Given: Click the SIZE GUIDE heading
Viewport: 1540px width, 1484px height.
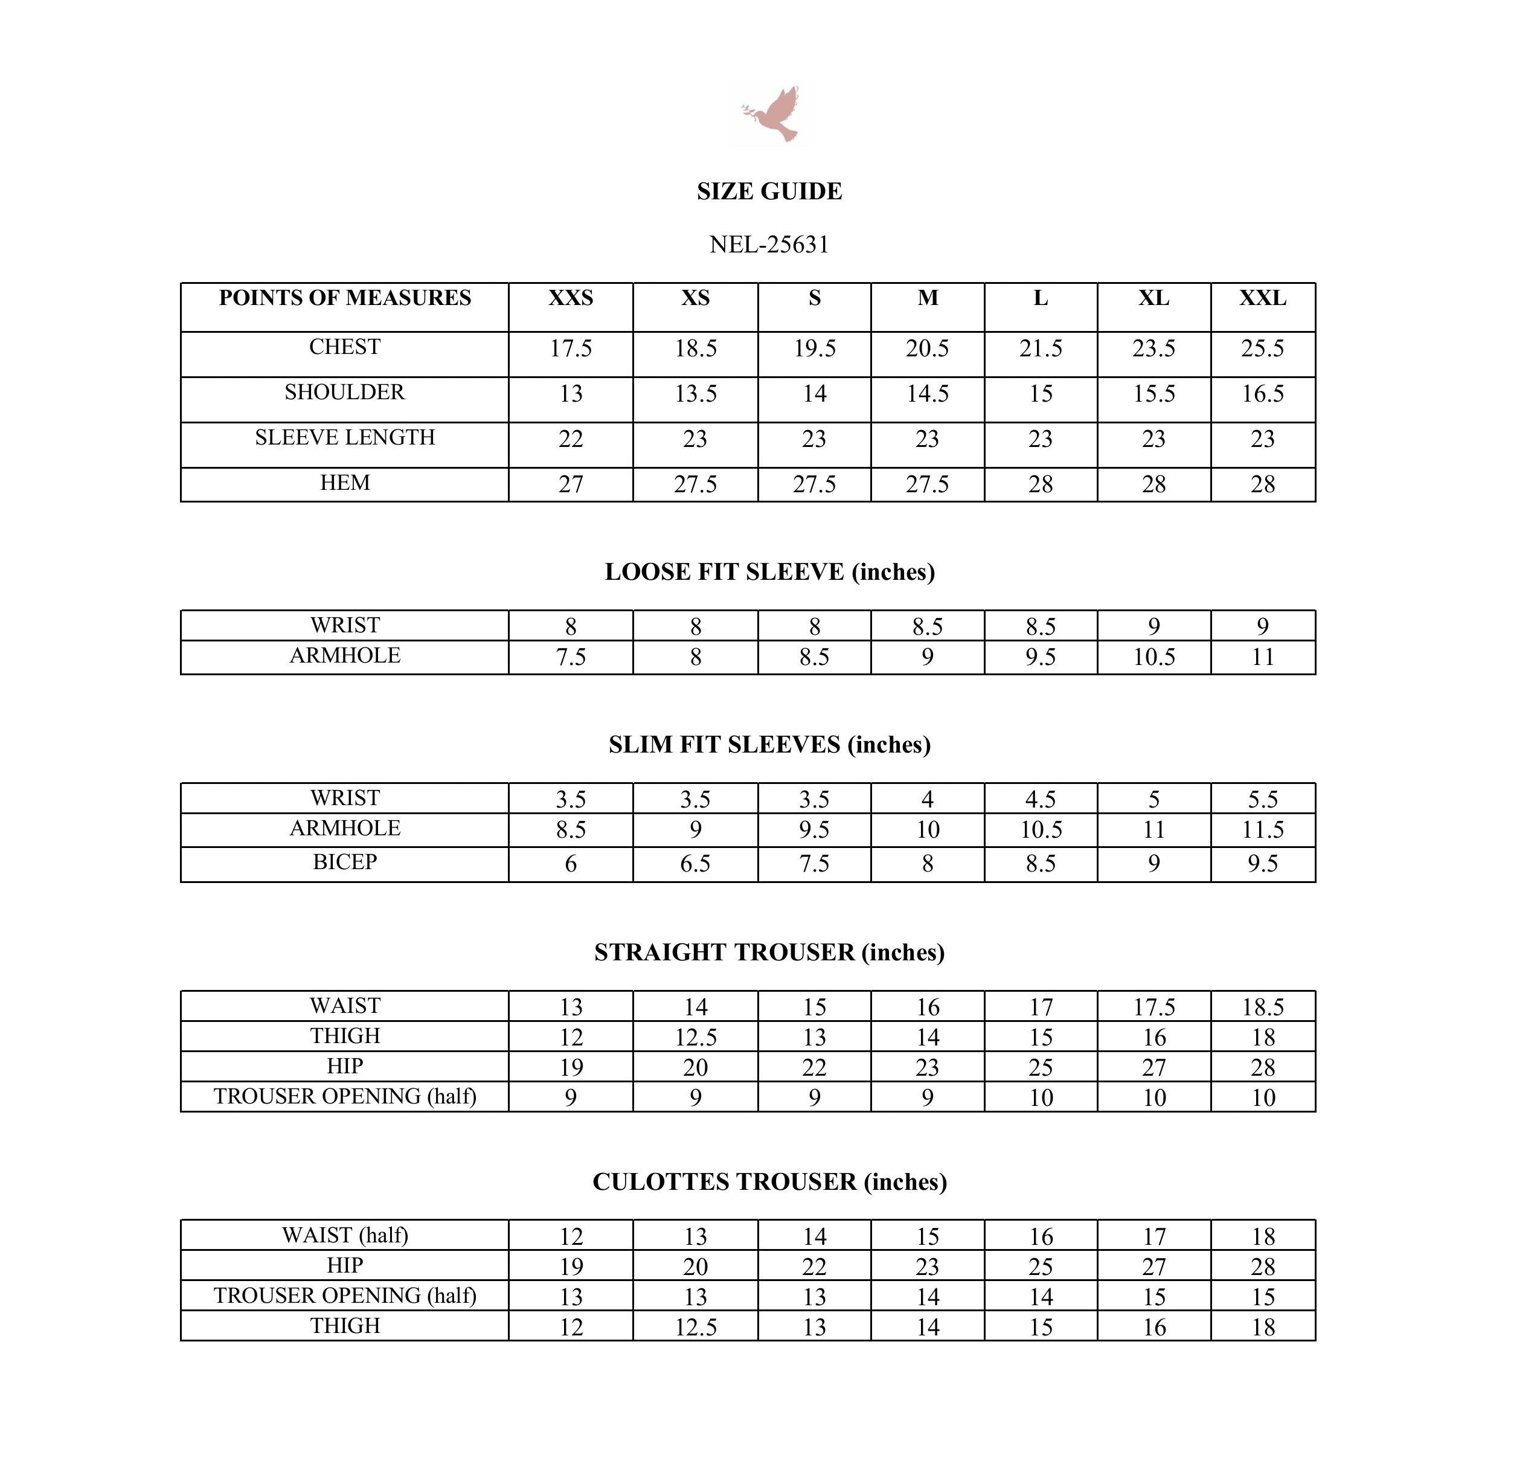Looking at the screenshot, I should pos(769,191).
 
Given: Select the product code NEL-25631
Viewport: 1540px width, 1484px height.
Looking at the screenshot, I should pos(769,245).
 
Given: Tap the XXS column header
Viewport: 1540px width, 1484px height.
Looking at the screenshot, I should pos(571,298).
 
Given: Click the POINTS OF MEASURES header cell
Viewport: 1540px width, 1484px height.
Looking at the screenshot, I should pos(345,298).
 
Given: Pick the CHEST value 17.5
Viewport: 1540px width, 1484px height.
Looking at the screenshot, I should pos(571,348).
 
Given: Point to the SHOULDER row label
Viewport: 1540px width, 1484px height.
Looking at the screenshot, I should pos(345,392).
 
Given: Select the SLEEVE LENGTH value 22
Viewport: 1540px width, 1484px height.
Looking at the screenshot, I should pos(571,438).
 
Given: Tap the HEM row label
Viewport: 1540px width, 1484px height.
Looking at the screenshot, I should pos(345,483).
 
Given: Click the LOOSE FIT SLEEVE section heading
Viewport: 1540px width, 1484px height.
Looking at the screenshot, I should pos(769,571).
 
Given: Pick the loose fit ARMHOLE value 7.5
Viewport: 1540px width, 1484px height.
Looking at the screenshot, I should pos(571,657).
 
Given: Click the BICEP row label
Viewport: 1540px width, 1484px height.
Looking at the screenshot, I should pos(345,862).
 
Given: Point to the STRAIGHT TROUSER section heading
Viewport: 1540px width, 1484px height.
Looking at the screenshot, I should pos(769,951).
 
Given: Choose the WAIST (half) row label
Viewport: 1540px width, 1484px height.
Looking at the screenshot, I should pos(345,1235).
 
